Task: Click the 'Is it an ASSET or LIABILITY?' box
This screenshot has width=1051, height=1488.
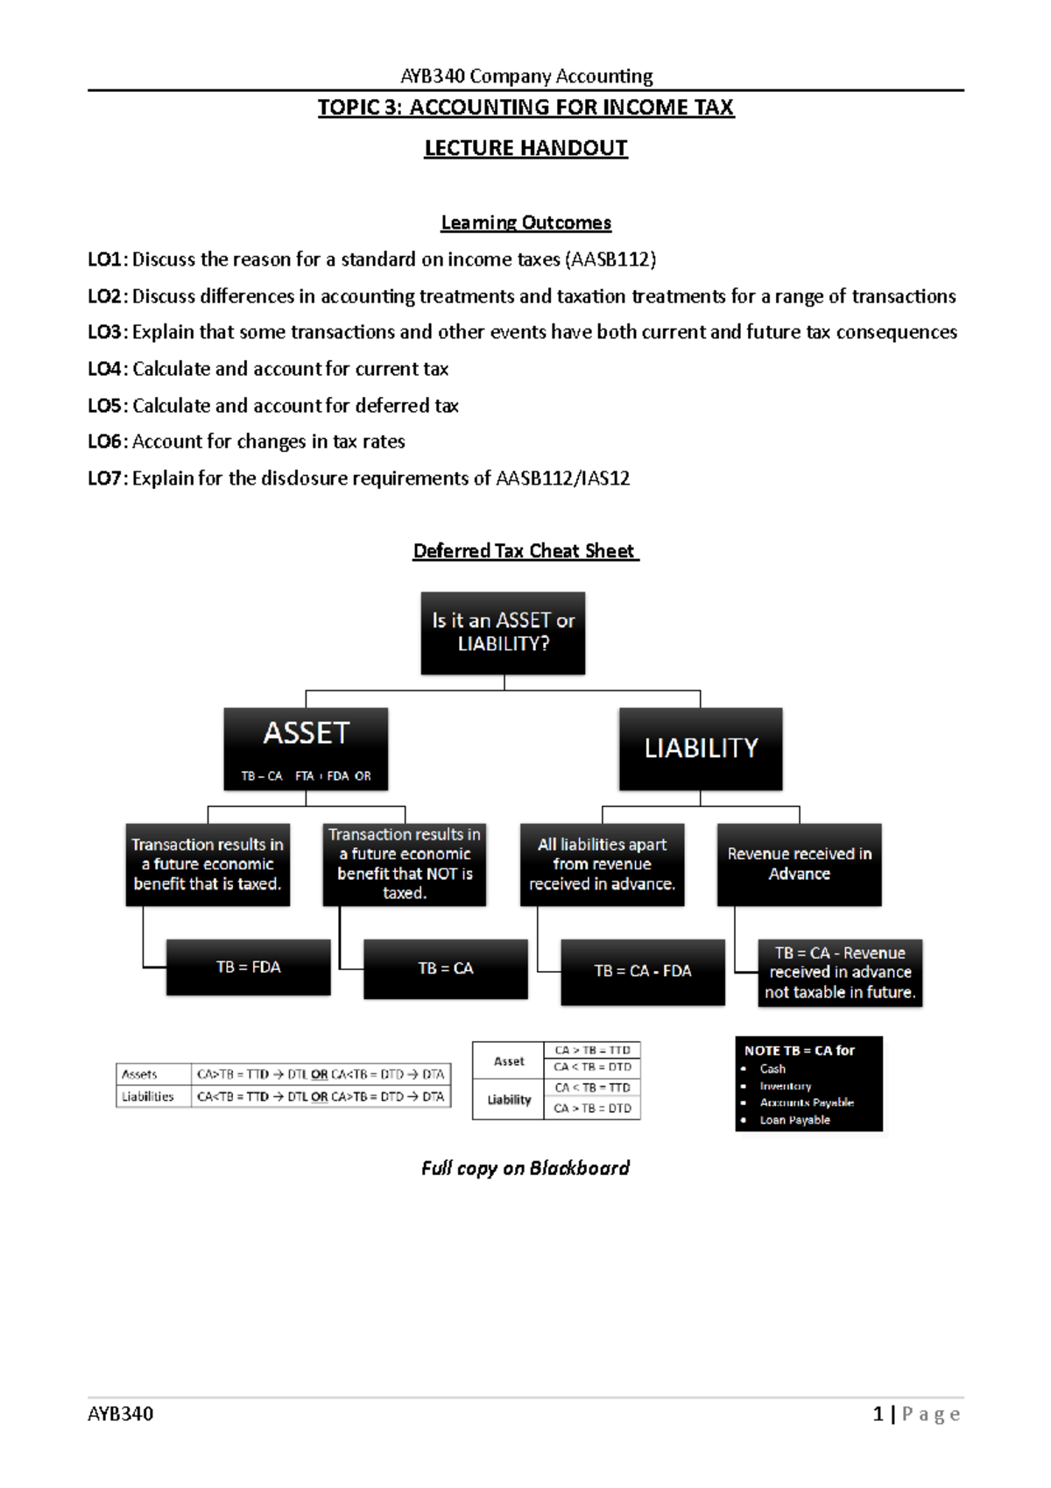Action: pos(503,632)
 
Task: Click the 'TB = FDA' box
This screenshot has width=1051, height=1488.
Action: pos(248,967)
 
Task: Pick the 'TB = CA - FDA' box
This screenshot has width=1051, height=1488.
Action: pos(642,971)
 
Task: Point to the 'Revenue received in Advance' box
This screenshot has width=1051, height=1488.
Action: pos(799,863)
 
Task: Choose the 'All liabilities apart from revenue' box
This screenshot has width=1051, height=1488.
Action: pos(602,863)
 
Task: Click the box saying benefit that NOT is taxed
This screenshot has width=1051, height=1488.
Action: pos(404,863)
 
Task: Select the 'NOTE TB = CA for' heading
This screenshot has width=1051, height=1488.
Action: pos(799,1050)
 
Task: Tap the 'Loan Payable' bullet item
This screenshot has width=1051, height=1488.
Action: pos(794,1120)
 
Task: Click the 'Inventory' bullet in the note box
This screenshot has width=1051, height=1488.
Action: pos(785,1086)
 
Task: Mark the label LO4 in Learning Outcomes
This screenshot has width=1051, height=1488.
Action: pos(105,369)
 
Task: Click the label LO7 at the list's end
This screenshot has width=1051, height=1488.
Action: pos(105,478)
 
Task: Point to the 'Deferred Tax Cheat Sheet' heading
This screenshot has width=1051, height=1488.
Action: pos(524,551)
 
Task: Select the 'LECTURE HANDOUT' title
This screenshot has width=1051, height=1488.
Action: pos(525,148)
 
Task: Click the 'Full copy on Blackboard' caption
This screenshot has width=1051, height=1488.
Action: pos(525,1168)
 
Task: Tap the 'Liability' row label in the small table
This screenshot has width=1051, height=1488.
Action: pos(509,1100)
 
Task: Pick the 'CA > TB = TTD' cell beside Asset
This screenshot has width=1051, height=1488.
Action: pos(592,1050)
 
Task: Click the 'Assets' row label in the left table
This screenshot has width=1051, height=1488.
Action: pos(139,1074)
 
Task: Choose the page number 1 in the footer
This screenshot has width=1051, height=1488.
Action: pos(878,1414)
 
